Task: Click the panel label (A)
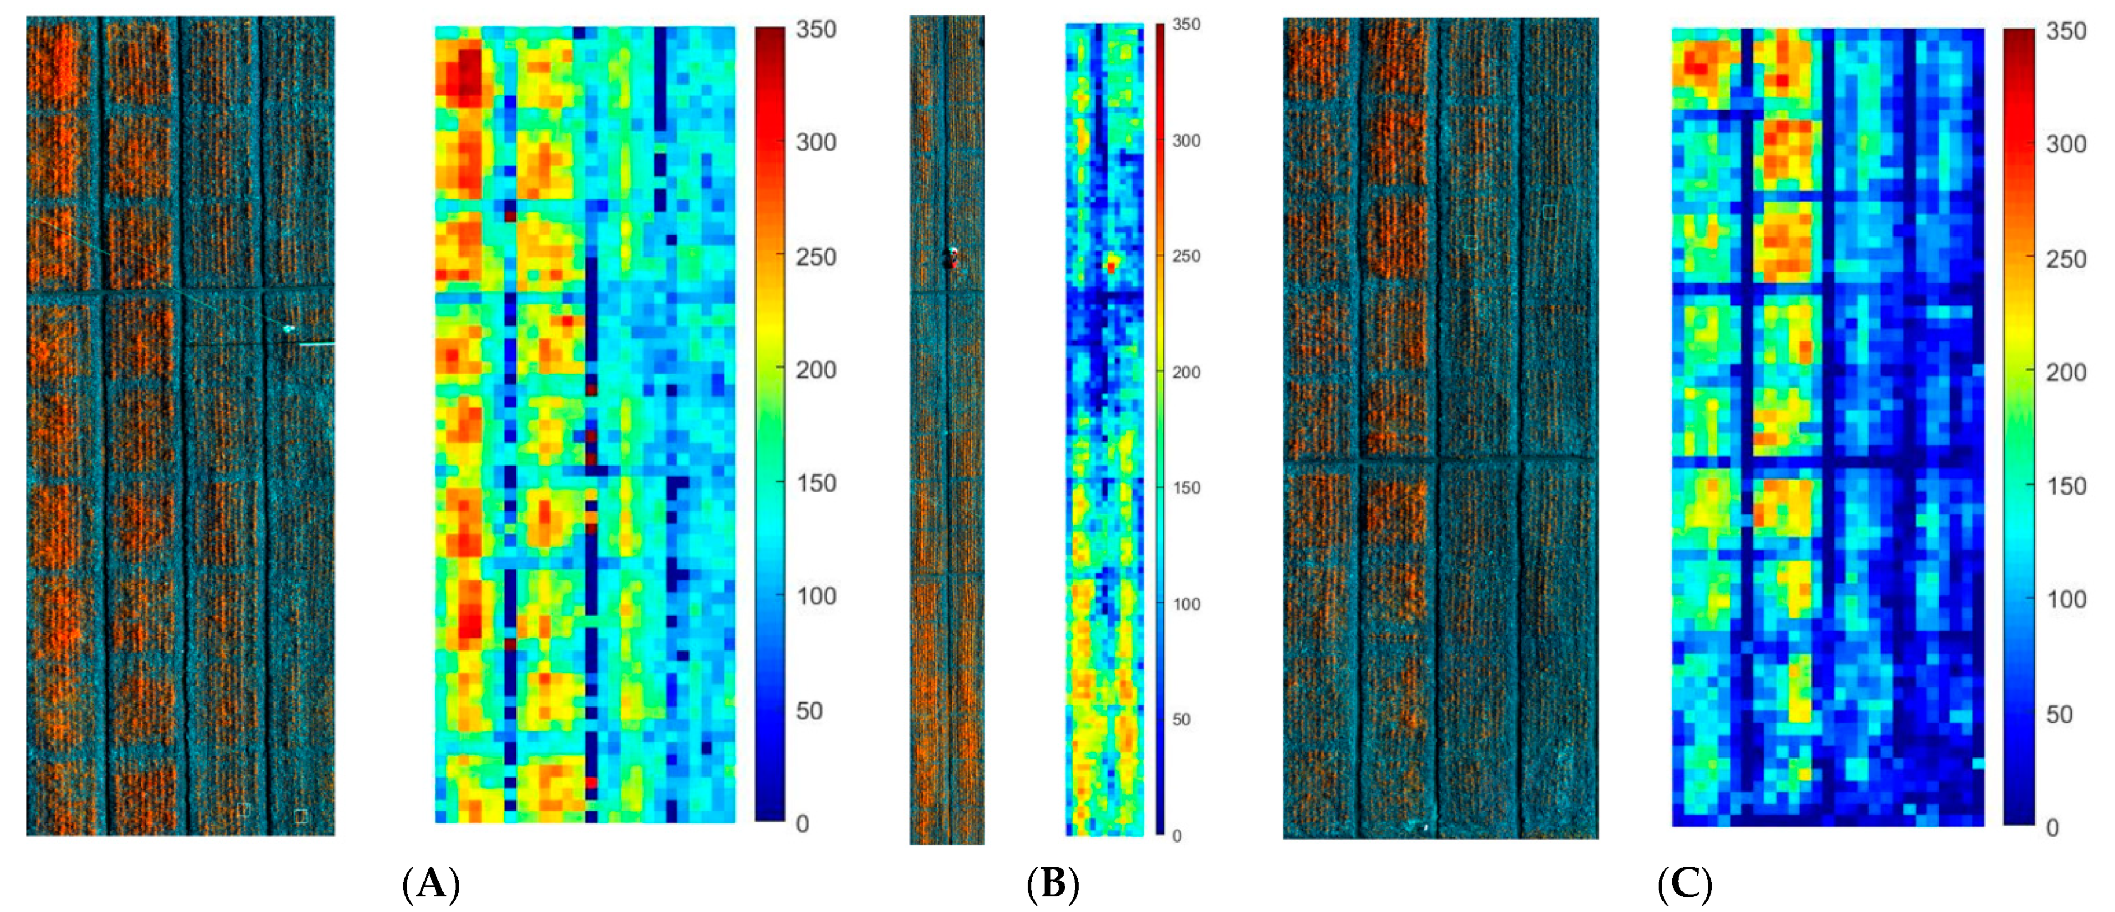tap(431, 884)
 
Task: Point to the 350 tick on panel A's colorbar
tap(816, 30)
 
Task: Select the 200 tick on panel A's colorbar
tap(816, 370)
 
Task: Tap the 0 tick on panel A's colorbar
tap(803, 823)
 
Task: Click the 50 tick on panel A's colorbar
tap(809, 711)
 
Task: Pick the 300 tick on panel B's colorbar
tap(1186, 141)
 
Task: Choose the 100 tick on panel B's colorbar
tap(1186, 604)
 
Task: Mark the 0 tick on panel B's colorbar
tap(1177, 836)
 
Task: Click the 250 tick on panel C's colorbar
tap(2066, 259)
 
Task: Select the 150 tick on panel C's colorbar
tap(2066, 486)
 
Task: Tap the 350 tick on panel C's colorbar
tap(2066, 31)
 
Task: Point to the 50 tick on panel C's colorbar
tap(2059, 714)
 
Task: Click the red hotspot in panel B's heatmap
tap(1111, 267)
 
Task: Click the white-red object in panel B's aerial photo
tap(952, 257)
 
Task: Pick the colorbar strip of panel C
tap(2018, 427)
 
